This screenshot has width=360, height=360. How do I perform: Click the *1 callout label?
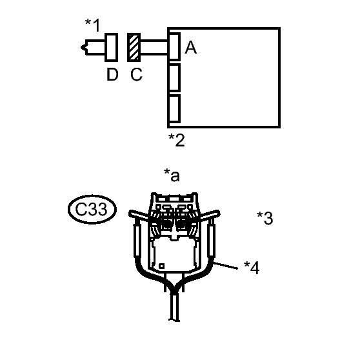point(93,25)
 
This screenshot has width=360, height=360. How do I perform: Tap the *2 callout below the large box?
point(177,140)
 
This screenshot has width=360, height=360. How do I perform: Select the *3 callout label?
point(265,218)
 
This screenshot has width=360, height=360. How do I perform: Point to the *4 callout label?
point(252,268)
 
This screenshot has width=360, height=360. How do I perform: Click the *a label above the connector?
point(172,175)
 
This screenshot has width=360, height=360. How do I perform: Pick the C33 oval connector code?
point(92,209)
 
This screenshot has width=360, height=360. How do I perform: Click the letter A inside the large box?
point(190,47)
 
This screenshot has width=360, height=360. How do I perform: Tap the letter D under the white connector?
point(112,74)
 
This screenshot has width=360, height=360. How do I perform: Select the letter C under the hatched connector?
point(136,74)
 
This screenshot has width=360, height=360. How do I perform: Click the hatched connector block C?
point(134,47)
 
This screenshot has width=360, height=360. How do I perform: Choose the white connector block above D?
point(112,47)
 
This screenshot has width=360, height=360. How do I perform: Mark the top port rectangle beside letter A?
point(174,46)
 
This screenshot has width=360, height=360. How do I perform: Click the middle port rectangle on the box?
point(174,77)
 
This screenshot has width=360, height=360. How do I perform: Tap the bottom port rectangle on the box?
point(174,108)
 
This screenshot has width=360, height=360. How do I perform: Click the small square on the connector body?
point(162,266)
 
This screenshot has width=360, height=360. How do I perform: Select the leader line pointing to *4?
point(226,265)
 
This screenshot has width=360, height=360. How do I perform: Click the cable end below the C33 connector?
point(174,320)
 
